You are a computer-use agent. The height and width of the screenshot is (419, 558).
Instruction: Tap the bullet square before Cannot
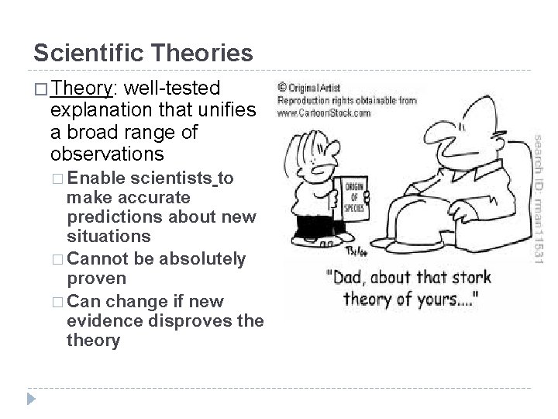pos(59,259)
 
